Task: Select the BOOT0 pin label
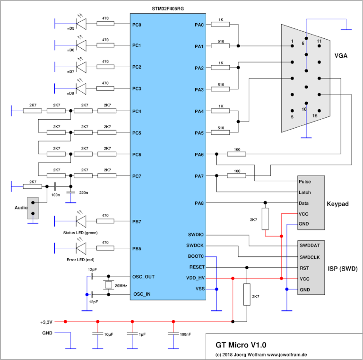click(196, 256)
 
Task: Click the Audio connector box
click(33, 208)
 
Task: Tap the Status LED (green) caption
click(82, 233)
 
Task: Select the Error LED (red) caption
click(82, 260)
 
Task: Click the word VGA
click(341, 55)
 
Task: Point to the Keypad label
click(337, 204)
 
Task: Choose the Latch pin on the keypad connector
click(305, 192)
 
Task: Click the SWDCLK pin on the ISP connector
click(310, 257)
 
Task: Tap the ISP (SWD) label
click(342, 268)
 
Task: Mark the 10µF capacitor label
click(108, 334)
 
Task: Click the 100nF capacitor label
click(184, 334)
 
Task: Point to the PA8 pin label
click(199, 203)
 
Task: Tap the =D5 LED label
click(71, 28)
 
